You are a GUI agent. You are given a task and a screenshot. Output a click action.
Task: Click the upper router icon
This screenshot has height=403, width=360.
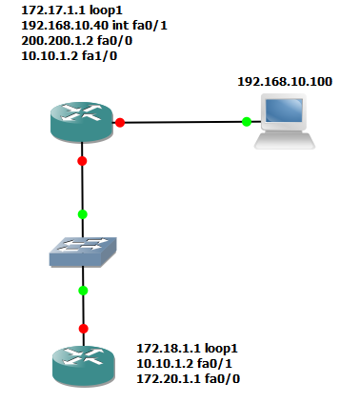(82, 122)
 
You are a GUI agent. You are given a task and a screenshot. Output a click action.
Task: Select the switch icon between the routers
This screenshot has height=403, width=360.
(83, 252)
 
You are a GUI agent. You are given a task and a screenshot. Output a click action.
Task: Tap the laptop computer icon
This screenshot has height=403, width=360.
(285, 121)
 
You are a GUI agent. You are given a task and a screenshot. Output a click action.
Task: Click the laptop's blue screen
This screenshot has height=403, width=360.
(284, 111)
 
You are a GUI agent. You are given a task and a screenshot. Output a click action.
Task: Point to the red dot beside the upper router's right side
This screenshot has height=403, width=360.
(120, 122)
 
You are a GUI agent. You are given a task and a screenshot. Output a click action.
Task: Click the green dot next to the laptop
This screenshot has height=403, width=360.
(247, 121)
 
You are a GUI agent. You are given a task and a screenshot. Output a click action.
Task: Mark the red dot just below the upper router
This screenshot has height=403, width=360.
(82, 161)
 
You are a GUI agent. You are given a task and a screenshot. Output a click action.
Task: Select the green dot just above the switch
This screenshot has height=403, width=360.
(83, 214)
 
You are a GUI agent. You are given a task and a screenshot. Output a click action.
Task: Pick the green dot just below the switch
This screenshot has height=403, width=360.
(83, 291)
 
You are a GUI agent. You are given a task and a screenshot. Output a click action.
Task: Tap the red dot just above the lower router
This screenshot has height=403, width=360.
(84, 329)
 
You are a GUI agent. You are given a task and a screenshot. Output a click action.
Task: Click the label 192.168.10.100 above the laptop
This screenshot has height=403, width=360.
(285, 82)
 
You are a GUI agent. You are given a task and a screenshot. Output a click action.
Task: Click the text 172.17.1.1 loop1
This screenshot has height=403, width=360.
(71, 10)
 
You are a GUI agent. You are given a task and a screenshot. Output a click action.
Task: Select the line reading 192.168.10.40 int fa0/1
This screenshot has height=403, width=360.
(94, 26)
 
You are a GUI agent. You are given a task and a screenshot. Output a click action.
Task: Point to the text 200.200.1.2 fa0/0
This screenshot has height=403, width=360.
(76, 41)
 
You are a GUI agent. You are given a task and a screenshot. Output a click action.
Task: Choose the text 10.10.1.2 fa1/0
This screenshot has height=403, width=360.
(70, 56)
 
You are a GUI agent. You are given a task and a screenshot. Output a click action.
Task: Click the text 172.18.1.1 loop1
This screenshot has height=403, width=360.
(187, 349)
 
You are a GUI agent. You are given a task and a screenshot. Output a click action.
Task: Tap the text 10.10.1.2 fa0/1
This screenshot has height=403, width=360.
(184, 363)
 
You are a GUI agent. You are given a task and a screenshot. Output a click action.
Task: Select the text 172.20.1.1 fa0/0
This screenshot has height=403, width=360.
(189, 378)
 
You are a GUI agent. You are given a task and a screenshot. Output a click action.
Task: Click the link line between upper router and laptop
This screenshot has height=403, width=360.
(183, 122)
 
